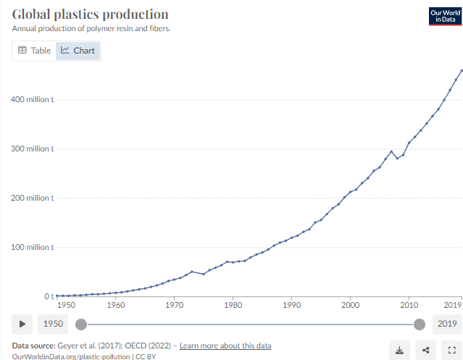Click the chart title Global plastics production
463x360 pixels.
click(91, 14)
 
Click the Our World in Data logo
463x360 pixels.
click(445, 16)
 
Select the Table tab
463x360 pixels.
click(34, 51)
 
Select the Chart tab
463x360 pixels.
click(78, 51)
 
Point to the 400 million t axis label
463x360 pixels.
click(33, 99)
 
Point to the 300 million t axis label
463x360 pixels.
click(33, 148)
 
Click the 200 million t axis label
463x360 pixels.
click(33, 198)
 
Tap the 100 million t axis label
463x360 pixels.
click(33, 247)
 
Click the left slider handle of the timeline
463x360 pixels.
click(81, 324)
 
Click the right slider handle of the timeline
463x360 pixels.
click(418, 324)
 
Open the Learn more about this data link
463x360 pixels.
click(225, 346)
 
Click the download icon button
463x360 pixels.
click(399, 350)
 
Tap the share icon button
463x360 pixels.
click(425, 350)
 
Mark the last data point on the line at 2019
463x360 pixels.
click(462, 70)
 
